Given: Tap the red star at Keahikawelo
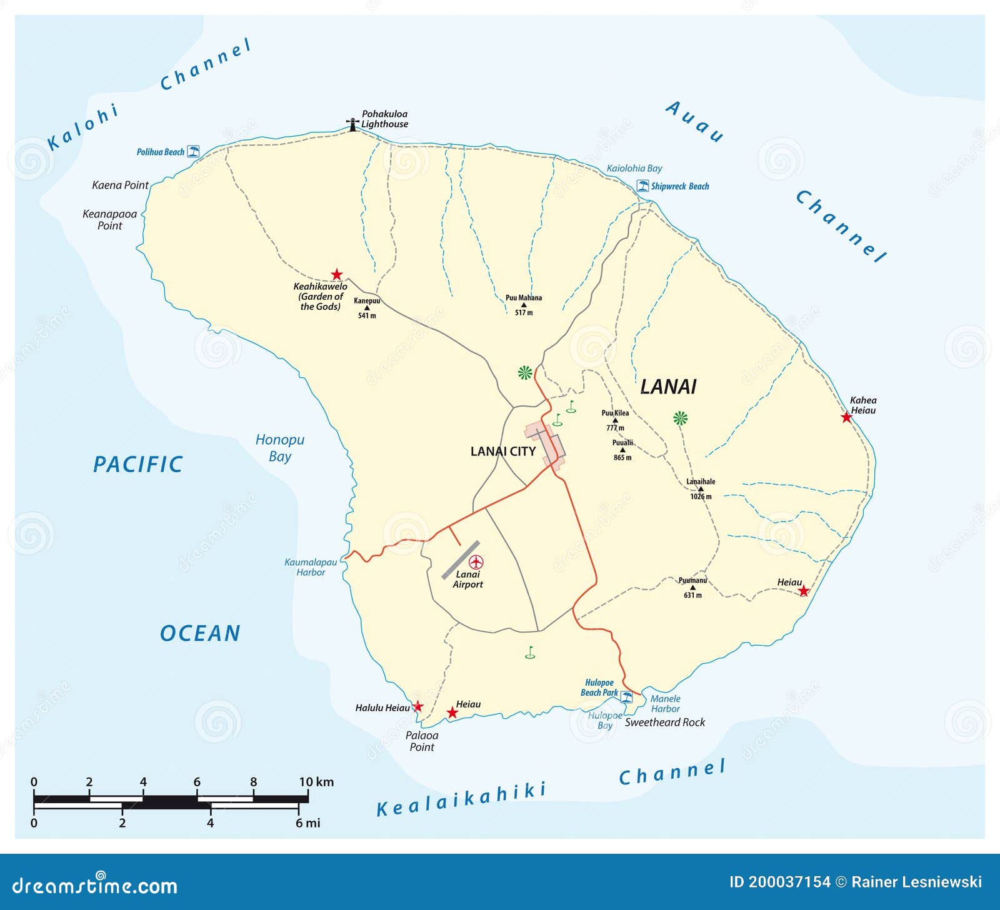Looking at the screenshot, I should pos(337,274).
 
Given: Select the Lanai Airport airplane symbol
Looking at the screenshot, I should pos(476,562).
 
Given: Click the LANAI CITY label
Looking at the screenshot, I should pos(502,451).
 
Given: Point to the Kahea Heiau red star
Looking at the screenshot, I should pos(846,417).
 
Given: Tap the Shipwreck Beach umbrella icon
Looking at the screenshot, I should pos(642,185).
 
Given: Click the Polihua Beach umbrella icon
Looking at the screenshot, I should pos(194,151).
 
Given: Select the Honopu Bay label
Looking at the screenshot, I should pos(279,448).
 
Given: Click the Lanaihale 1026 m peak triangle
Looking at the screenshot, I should pos(701,489).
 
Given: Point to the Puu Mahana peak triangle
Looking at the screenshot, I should pos(524,305).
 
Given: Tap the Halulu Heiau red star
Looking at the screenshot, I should pos(418,707).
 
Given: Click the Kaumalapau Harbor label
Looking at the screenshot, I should pos(311,567).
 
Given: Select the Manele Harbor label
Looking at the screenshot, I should pos(665,703).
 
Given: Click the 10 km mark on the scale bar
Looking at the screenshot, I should pos(307,798).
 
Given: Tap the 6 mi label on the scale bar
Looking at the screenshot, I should pos(307,823).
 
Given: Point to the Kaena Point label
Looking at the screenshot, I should pos(120,185).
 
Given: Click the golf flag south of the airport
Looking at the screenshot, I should pos(530,652).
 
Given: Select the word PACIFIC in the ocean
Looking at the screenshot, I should pos(138,464).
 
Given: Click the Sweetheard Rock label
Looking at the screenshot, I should pos(665,722).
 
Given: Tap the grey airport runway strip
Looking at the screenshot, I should pos(461,560).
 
